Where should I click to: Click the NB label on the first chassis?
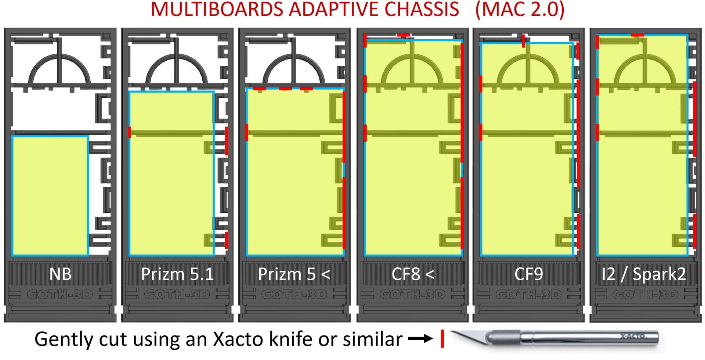(60, 274)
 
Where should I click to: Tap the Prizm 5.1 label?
(177, 274)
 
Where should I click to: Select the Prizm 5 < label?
(294, 274)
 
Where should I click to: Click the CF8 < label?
(413, 274)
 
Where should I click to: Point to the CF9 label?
(528, 274)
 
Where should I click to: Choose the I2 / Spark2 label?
(644, 274)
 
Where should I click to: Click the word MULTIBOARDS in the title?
(217, 10)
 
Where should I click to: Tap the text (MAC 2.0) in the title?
(520, 10)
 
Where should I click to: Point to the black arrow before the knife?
(421, 338)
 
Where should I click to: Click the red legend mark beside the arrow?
(442, 338)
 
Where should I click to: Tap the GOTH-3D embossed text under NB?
(60, 295)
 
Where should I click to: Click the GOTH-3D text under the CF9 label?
(528, 295)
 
